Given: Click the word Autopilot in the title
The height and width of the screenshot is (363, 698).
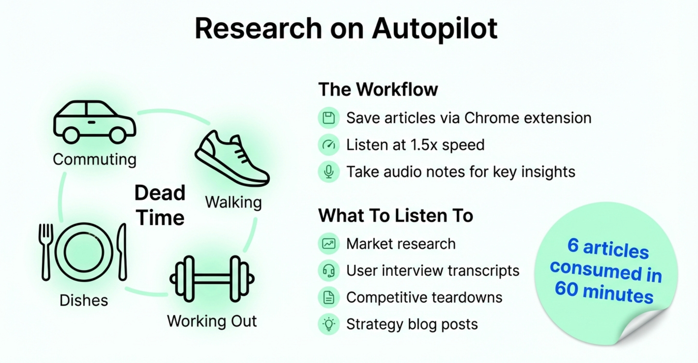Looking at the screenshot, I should click(434, 29).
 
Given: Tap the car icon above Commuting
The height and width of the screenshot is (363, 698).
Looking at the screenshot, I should click(94, 122).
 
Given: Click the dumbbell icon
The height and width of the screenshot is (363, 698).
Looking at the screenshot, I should click(212, 279).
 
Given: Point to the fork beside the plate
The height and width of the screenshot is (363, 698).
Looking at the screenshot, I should click(46, 251).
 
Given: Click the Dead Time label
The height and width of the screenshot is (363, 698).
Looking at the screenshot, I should click(160, 205).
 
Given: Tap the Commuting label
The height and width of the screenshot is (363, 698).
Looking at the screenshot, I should click(94, 160).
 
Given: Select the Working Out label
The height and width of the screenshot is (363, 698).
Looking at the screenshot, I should click(212, 321).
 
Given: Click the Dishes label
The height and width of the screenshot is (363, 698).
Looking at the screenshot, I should click(84, 300).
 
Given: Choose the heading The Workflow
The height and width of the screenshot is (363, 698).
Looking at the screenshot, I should click(378, 89).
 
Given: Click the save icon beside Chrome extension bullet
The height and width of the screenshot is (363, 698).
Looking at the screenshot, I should click(329, 118).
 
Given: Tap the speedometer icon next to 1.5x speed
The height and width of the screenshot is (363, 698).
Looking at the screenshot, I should click(329, 145).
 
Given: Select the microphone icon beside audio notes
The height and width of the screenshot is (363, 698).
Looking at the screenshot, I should click(329, 172).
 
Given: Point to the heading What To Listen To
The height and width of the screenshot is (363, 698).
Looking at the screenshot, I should click(395, 215).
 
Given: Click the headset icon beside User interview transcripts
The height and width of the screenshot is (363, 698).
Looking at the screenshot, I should click(329, 271).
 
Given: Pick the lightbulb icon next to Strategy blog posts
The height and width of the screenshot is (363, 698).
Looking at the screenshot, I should click(329, 324).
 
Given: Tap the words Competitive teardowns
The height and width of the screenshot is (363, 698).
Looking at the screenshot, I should click(424, 298).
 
